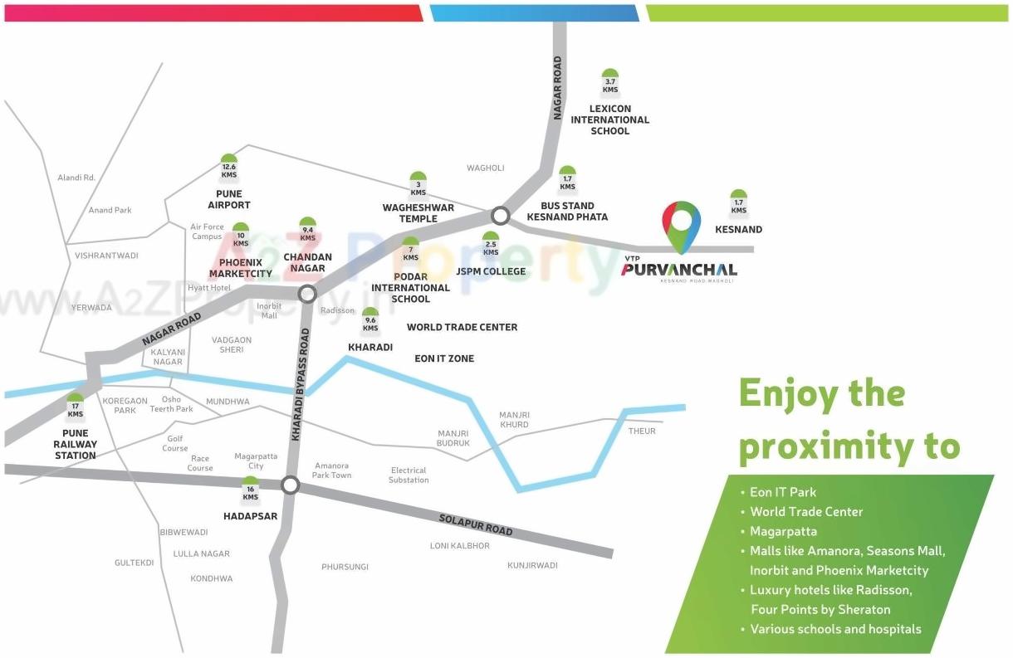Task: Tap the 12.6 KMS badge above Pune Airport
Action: coord(229,169)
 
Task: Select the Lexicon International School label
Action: coord(610,119)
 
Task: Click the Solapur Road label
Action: coord(476,524)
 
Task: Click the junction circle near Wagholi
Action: coord(500,216)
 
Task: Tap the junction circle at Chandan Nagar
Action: coord(307,293)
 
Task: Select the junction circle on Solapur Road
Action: coord(290,485)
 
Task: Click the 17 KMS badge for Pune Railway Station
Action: coord(76,408)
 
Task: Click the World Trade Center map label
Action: coord(462,327)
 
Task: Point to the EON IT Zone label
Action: coord(444,358)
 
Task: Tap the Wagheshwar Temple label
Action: coord(418,213)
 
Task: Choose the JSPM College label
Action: coord(491,271)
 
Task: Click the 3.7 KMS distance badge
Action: coord(610,84)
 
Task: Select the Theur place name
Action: coord(642,431)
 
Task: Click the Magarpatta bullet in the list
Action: coord(783,531)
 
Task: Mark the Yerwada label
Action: coord(91,307)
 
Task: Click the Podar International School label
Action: coord(410,288)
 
